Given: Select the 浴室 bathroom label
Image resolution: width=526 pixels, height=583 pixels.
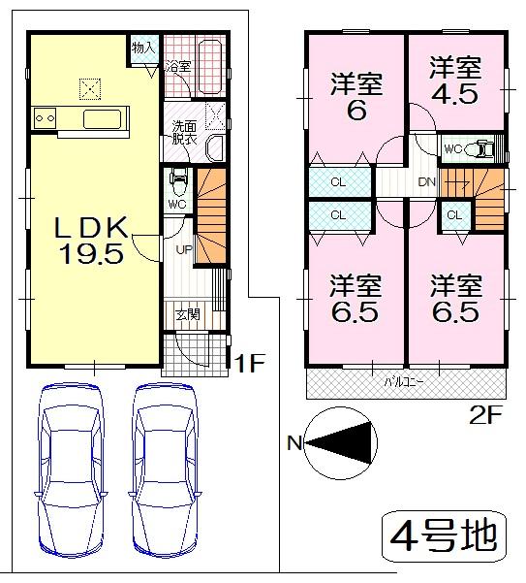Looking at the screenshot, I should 177,67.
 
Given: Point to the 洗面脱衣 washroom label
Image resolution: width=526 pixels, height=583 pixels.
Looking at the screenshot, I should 184,132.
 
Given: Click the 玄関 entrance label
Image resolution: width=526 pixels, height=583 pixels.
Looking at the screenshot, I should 189,313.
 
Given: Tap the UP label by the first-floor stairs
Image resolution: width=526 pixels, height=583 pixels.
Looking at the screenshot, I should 181,250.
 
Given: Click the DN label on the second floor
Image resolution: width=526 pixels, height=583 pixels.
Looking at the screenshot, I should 427,181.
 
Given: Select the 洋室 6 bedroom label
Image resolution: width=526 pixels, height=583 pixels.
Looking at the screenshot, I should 355,95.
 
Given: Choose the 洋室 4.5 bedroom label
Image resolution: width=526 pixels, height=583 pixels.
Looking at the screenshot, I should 455,83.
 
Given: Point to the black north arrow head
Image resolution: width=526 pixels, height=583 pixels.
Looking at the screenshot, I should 353,443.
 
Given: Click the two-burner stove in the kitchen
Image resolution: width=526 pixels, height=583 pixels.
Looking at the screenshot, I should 45,118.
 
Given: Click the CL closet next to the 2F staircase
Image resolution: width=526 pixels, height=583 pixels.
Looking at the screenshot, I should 453,215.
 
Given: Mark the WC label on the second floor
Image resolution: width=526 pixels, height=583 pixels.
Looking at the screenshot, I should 452,149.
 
